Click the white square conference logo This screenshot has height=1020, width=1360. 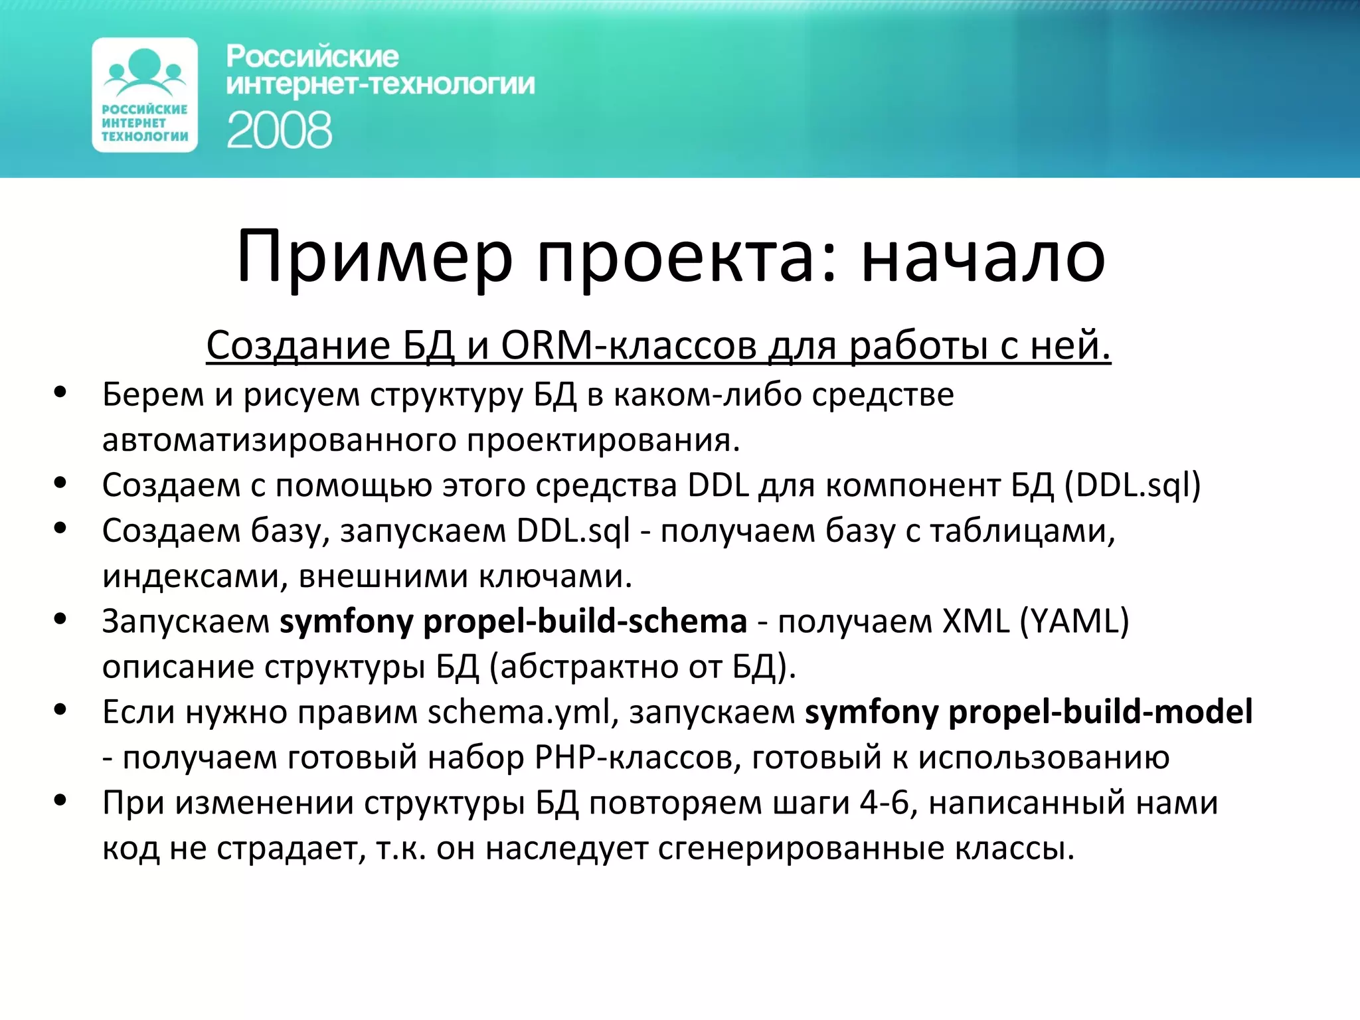[145, 95]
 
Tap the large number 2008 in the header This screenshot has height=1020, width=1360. [279, 130]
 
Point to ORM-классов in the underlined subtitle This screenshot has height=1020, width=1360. [628, 345]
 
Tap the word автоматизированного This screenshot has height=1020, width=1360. [278, 440]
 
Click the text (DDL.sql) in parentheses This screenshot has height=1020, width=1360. [1132, 485]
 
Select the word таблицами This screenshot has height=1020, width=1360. [1022, 531]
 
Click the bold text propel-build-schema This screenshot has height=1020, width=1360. [585, 621]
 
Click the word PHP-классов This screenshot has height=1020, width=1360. [638, 757]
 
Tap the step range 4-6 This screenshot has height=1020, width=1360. [884, 802]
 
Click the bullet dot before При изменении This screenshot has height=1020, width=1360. [60, 800]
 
